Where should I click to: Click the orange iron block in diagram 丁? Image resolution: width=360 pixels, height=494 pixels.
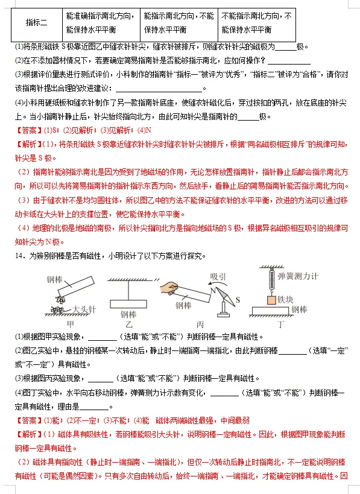[x=271, y=300]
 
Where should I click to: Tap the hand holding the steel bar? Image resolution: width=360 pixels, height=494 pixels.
[x=169, y=288]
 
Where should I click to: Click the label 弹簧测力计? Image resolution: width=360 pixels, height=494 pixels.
[x=298, y=276]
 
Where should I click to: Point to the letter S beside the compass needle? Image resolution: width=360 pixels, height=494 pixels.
[x=238, y=300]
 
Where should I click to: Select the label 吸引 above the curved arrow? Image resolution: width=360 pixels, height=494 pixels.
[x=218, y=277]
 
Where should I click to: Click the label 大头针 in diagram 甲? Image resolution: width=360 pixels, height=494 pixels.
[x=84, y=309]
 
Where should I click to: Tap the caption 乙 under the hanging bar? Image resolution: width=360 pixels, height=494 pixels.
[x=128, y=324]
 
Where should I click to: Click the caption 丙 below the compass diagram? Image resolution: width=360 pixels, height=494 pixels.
[x=200, y=324]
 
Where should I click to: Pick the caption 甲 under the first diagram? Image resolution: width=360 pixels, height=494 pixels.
[x=70, y=324]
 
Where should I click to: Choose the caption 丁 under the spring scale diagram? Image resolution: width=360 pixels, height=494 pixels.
[x=280, y=324]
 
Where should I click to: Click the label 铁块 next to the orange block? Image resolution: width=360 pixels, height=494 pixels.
[x=285, y=299]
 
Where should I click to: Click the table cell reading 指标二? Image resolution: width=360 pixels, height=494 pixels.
[x=37, y=23]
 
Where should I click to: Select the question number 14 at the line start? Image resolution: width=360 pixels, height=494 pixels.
[x=19, y=256]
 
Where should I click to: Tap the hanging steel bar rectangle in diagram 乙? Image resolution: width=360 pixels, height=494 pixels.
[x=128, y=304]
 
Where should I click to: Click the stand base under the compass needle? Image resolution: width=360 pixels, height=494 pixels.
[x=223, y=314]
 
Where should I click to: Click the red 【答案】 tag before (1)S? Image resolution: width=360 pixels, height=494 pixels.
[x=29, y=130]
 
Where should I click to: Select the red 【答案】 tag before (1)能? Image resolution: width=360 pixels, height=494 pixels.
[x=29, y=420]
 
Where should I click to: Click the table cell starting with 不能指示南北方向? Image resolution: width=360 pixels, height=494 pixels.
[x=257, y=23]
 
